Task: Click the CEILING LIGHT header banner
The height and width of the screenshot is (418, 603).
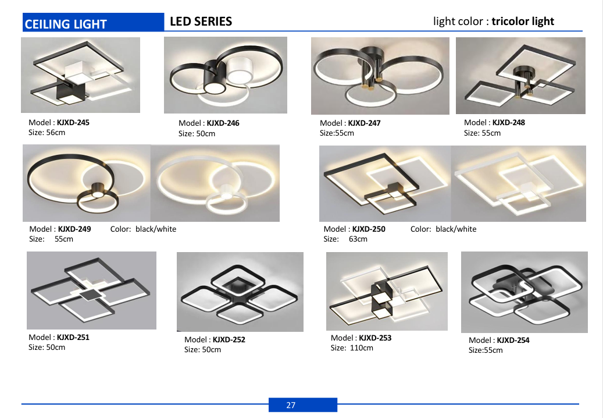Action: pos(94,22)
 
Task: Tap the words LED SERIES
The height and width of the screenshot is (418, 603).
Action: pos(201,22)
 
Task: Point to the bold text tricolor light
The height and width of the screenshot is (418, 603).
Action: pos(523,22)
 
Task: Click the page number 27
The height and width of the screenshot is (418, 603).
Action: pos(291,405)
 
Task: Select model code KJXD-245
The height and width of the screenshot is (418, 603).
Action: pos(73,123)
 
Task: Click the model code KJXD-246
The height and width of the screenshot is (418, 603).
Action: pos(223,123)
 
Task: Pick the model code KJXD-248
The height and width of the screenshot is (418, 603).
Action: pos(508,123)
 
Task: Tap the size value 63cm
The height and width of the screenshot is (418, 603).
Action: pos(358,239)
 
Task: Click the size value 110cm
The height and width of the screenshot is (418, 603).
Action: pos(362,348)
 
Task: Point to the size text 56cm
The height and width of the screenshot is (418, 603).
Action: pos(56,133)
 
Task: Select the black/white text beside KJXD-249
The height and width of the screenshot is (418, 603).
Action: pos(156,229)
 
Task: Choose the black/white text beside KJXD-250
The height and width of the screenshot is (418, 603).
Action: pos(456,229)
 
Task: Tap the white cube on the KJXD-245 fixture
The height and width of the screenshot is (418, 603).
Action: pos(80,72)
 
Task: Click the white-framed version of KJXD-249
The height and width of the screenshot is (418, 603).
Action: pos(215,183)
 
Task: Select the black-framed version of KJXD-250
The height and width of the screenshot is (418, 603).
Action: pos(385,183)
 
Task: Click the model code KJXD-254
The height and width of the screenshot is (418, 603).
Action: pos(513,340)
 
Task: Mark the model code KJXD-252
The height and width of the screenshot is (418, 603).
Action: pos(229,340)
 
